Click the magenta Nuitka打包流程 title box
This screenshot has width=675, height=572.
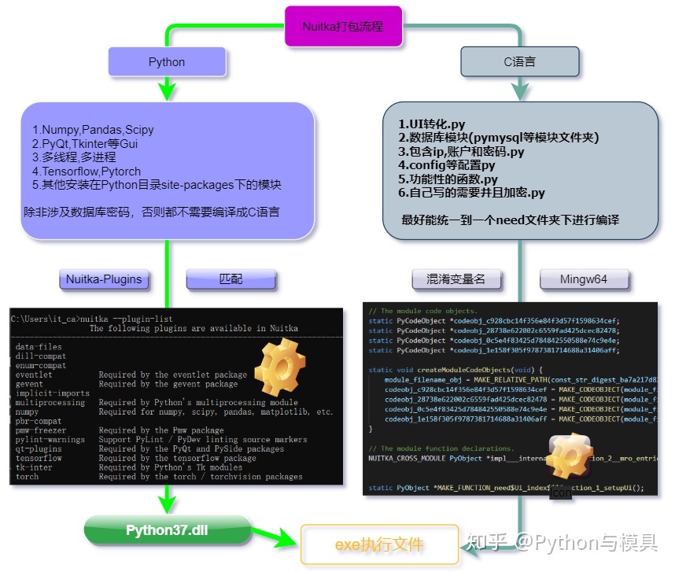343,26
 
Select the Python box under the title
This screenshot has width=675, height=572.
167,62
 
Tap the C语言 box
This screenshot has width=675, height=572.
519,62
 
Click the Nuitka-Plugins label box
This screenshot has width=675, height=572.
104,279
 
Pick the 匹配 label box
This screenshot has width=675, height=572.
231,279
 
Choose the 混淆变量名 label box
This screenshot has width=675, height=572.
456,279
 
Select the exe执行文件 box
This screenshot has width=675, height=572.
380,544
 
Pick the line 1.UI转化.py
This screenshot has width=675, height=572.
431,124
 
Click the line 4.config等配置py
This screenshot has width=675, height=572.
446,165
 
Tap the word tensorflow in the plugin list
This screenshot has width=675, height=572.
38,458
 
